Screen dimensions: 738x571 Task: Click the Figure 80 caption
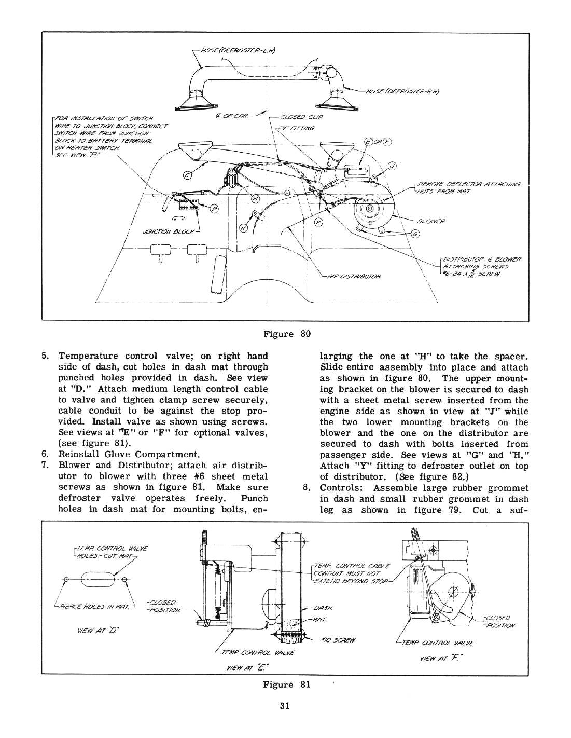click(x=286, y=333)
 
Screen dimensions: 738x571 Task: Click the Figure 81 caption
click(x=286, y=684)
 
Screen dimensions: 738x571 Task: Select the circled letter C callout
click(x=187, y=174)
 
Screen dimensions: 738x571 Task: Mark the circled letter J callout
click(x=392, y=166)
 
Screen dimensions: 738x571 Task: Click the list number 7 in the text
click(x=45, y=465)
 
